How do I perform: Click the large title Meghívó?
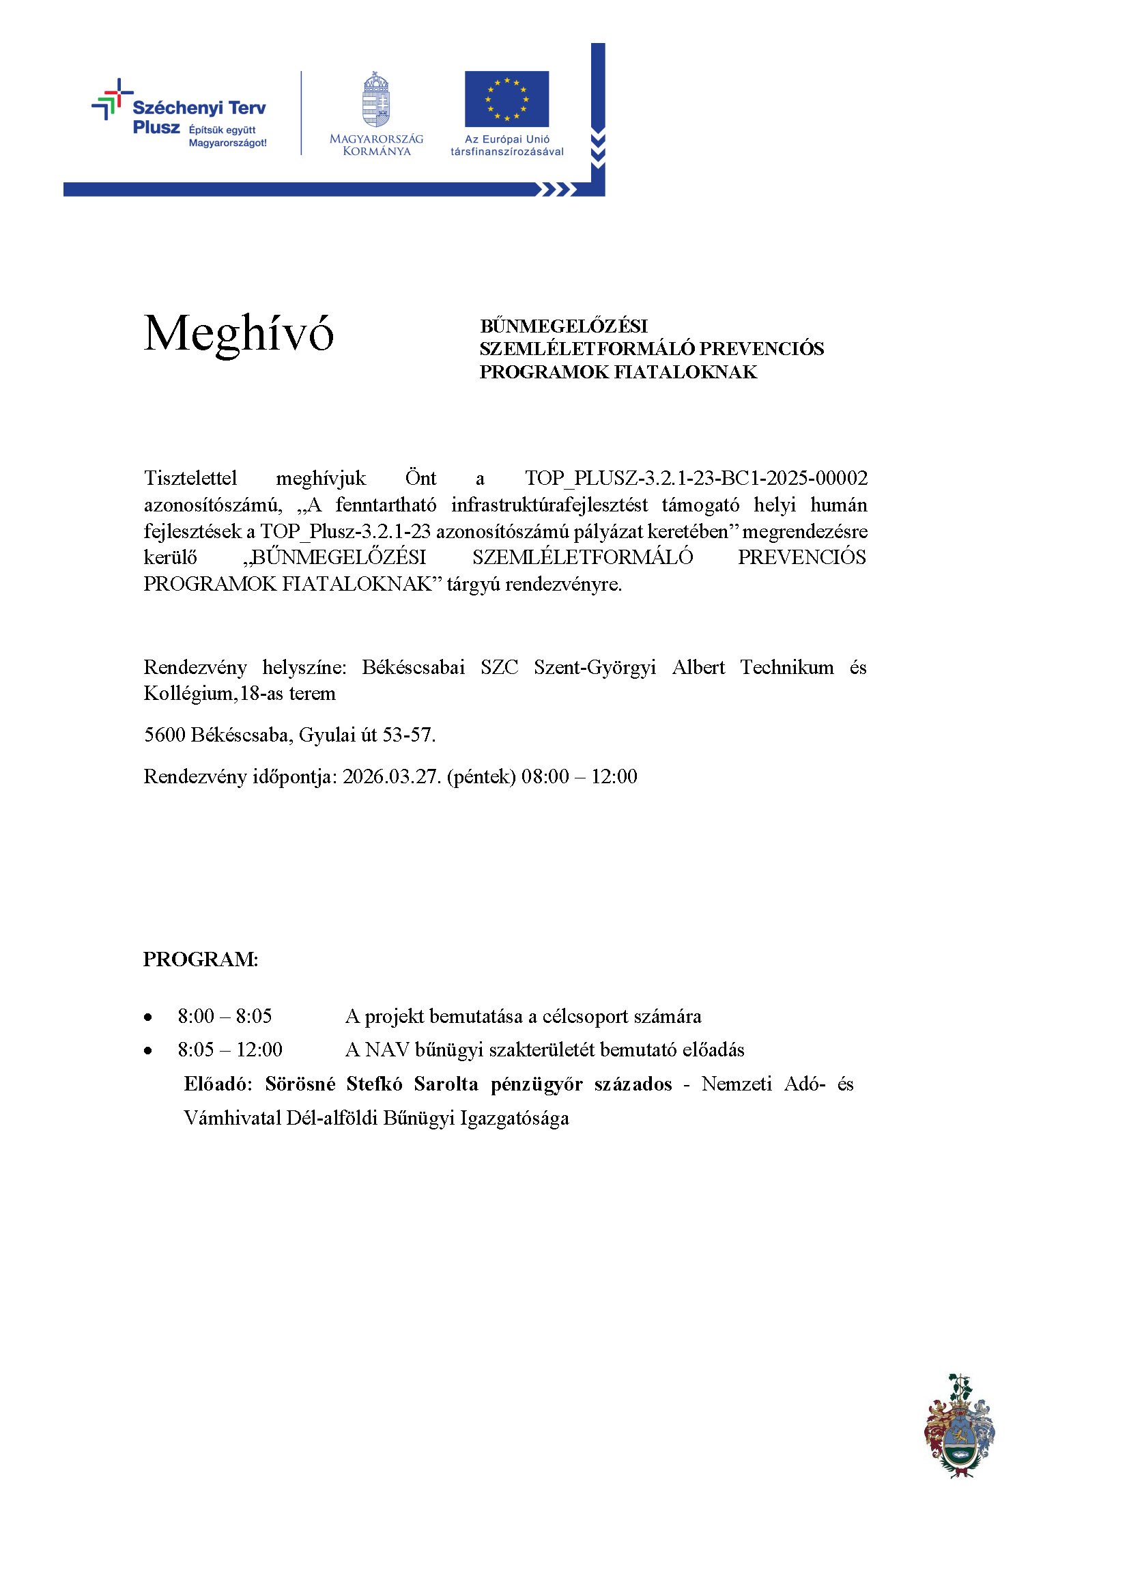tap(238, 334)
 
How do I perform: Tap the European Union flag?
tap(506, 99)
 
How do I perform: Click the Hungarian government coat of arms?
tap(376, 100)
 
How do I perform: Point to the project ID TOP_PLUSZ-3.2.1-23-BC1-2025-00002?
tap(696, 479)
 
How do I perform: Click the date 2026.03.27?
tap(391, 777)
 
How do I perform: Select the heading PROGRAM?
tap(200, 959)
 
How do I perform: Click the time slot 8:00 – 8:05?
tap(225, 1017)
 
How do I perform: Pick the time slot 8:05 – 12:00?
tap(230, 1050)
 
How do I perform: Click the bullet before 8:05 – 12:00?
tap(147, 1051)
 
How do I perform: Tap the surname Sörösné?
tap(300, 1084)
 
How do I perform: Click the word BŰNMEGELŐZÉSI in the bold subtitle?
tap(563, 326)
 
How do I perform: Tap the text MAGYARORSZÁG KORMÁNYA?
tap(376, 145)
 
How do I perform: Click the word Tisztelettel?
tap(190, 479)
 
